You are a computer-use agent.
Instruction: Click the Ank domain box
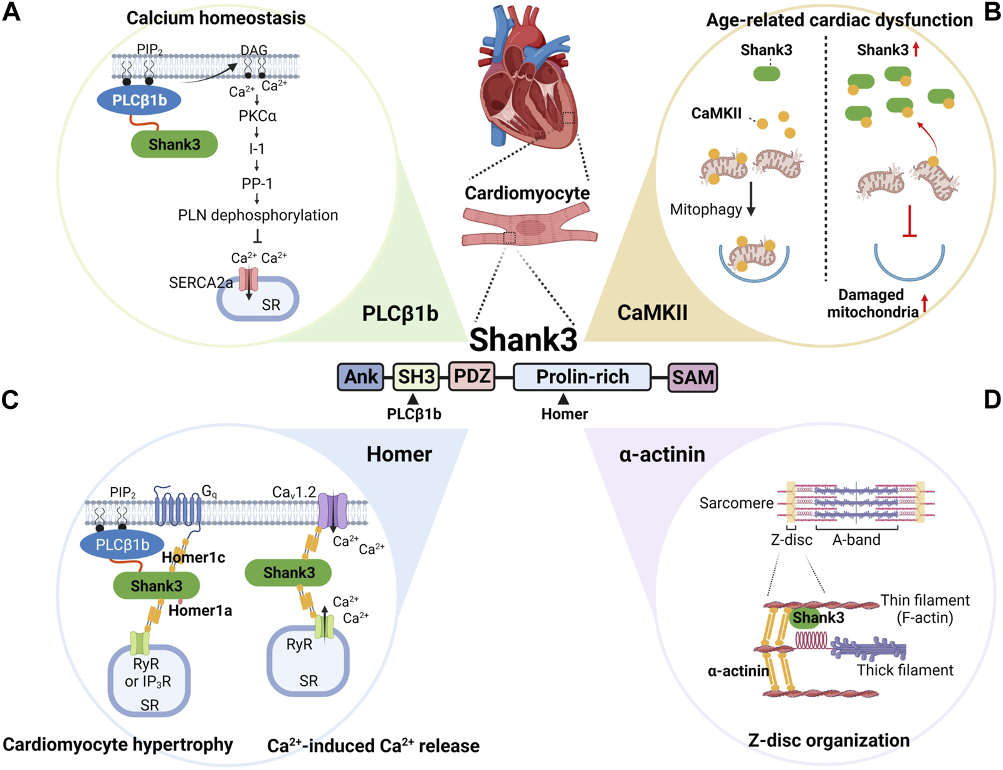pyautogui.click(x=360, y=377)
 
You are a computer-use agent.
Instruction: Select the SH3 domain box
pyautogui.click(x=416, y=377)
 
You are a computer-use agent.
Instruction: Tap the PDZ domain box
pyautogui.click(x=472, y=376)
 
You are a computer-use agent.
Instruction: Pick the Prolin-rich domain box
pyautogui.click(x=582, y=377)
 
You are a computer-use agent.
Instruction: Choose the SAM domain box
pyautogui.click(x=693, y=377)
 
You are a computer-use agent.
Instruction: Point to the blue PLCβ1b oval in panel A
pyautogui.click(x=139, y=100)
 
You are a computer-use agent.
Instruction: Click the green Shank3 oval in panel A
pyautogui.click(x=174, y=144)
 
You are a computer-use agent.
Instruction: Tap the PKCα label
pyautogui.click(x=258, y=115)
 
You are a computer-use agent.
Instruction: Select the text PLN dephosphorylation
pyautogui.click(x=258, y=215)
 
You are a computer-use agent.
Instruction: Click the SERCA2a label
pyautogui.click(x=201, y=283)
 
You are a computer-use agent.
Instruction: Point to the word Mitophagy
pyautogui.click(x=706, y=209)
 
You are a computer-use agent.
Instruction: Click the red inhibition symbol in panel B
pyautogui.click(x=910, y=221)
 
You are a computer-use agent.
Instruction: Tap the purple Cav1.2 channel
pyautogui.click(x=333, y=511)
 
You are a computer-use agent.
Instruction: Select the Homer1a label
pyautogui.click(x=200, y=611)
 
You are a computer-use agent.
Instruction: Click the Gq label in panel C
pyautogui.click(x=209, y=492)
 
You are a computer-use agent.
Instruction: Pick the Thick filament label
pyautogui.click(x=905, y=670)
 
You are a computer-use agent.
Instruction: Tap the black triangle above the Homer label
pyautogui.click(x=563, y=399)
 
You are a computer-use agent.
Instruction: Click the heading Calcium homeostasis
pyautogui.click(x=216, y=18)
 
